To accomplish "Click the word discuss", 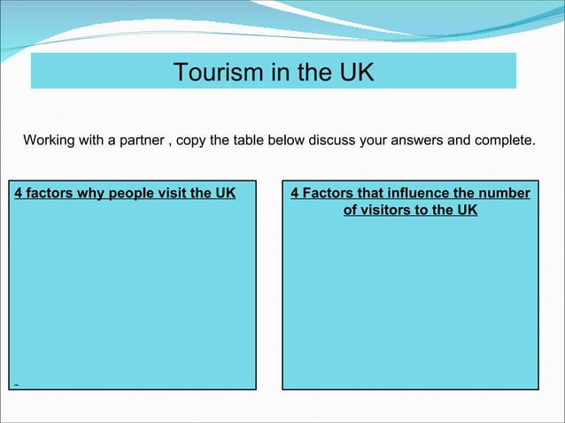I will (327, 141).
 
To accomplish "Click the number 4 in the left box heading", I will (19, 193).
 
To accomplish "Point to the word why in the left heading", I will (91, 193).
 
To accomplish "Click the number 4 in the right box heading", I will (295, 193).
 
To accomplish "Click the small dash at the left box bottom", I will (15, 385).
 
